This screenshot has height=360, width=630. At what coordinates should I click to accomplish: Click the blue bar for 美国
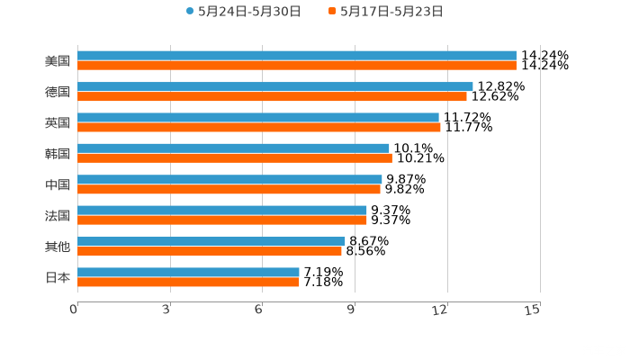tap(297, 56)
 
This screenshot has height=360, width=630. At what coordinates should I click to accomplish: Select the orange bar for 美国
tap(297, 66)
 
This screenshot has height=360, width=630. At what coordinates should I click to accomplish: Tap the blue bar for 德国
tap(275, 86)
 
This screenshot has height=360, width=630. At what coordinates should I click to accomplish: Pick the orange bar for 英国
tap(259, 127)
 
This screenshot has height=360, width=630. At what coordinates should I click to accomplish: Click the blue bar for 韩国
tap(234, 148)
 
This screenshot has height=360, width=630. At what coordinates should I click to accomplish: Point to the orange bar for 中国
tap(229, 189)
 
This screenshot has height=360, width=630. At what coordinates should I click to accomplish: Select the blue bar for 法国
tap(222, 211)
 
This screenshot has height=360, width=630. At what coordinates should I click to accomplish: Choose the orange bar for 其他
tap(210, 251)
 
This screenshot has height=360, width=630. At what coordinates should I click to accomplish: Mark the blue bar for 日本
tap(189, 272)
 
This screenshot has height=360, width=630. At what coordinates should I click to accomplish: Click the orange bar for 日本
tap(189, 282)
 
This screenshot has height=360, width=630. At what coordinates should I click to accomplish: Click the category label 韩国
tap(58, 154)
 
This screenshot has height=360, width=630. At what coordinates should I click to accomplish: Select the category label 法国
tap(58, 216)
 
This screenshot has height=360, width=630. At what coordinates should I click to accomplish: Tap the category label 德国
tap(58, 92)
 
